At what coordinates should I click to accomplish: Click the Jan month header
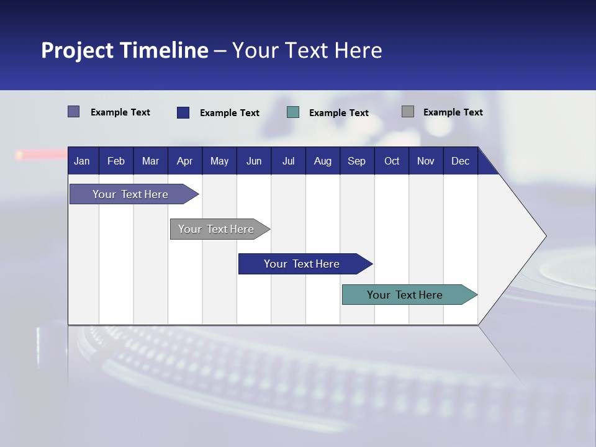[x=82, y=161]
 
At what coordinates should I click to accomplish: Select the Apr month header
[x=184, y=161]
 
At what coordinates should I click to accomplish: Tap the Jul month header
[x=288, y=161]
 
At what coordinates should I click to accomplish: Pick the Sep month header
[x=356, y=161]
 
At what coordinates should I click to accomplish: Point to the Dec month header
[x=460, y=161]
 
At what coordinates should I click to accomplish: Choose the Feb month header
[x=116, y=161]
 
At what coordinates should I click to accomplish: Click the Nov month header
[x=425, y=161]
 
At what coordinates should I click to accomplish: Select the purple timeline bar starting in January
[x=130, y=194]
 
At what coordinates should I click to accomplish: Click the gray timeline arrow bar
[x=216, y=229]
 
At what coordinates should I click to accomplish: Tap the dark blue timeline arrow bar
[x=302, y=264]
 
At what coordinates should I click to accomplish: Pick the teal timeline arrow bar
[x=405, y=295]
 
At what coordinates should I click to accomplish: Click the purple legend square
[x=74, y=112]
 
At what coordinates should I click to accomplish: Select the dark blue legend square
[x=183, y=112]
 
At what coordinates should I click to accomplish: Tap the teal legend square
[x=293, y=112]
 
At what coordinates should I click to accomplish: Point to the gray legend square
[x=408, y=112]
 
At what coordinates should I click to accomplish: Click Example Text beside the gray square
[x=453, y=112]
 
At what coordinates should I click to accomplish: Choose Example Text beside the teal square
[x=338, y=113]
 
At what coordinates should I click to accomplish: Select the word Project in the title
[x=76, y=50]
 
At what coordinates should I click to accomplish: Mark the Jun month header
[x=254, y=161]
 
